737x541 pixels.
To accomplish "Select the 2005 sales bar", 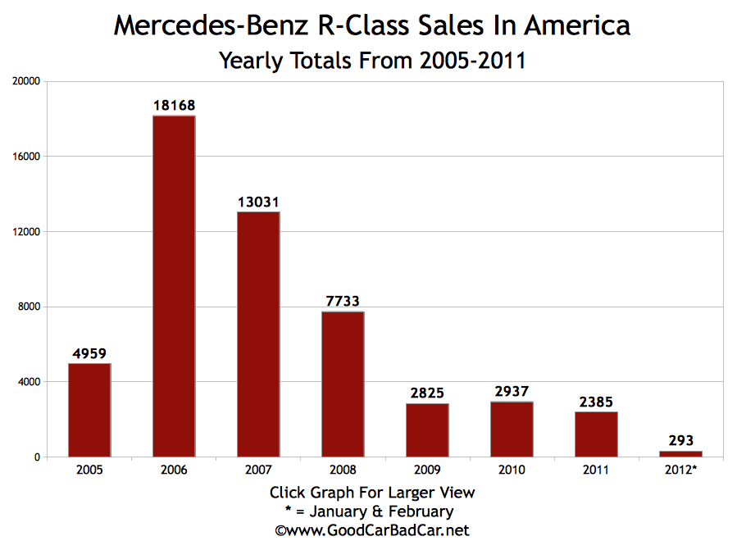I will pos(89,409).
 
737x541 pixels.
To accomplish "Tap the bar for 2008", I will pos(343,384).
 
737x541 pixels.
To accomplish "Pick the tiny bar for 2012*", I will pos(680,453).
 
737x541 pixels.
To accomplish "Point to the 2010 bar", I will pos(512,429).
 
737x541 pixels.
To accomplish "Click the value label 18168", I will pos(174,106).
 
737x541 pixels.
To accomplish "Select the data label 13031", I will pos(258,202).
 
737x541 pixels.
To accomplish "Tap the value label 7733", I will pos(343,301).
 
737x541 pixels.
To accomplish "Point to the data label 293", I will pos(680,441).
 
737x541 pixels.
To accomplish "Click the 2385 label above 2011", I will pos(596,402).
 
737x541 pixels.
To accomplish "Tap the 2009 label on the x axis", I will pos(427,470).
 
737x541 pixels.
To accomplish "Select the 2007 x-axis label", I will pos(258,470).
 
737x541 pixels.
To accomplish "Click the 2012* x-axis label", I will pos(680,470).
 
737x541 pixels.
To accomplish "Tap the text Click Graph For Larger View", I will pos(371,493).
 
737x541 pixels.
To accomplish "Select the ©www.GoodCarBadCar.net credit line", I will pos(371,530).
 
